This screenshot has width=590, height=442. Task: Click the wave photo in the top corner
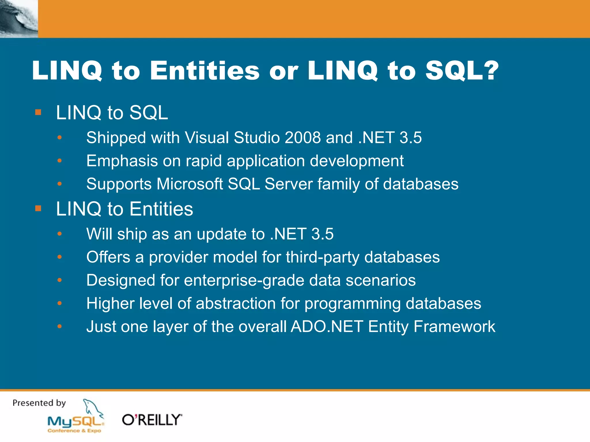coord(19,19)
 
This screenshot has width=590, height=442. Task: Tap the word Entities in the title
coord(205,71)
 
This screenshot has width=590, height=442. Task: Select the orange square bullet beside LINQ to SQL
coord(38,112)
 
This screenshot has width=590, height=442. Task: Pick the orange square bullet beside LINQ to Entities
coord(38,208)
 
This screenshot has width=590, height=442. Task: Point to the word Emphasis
coord(122,161)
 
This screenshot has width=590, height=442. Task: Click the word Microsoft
coord(190,184)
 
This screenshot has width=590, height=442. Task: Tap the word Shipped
coord(116,138)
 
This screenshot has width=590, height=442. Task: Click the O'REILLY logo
coord(152,420)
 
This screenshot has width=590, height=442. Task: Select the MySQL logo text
coord(75,422)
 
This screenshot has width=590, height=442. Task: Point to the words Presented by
coord(39,403)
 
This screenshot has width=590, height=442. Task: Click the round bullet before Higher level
coord(60,303)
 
